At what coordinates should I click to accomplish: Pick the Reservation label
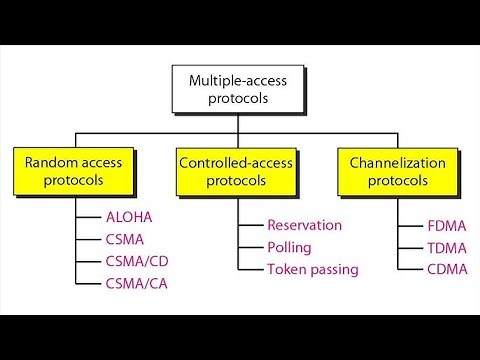tap(305, 225)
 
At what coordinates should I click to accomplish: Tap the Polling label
tap(290, 247)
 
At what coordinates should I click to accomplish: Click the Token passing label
tap(312, 269)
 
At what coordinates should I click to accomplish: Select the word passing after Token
tap(333, 270)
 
